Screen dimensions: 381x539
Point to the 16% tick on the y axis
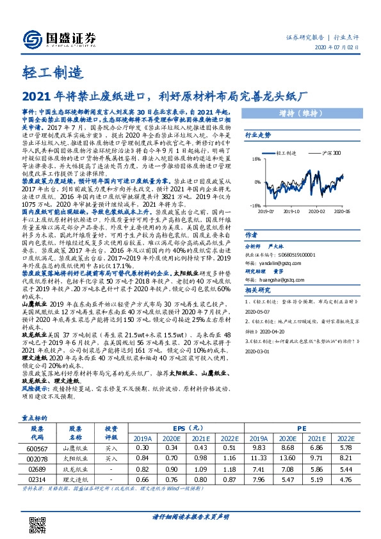pos(255,159)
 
